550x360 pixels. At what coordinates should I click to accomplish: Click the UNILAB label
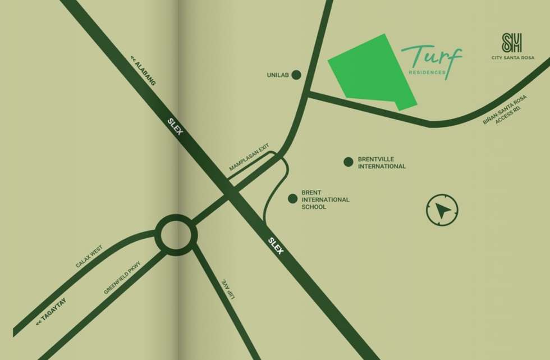point(278,75)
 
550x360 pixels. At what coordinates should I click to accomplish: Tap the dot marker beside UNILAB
point(296,75)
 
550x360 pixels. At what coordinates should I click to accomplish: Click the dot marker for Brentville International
point(349,162)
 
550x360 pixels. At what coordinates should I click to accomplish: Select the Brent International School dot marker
point(292,198)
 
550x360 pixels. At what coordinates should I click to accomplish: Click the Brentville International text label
point(382,163)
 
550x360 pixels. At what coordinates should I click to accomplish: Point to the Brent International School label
point(325,200)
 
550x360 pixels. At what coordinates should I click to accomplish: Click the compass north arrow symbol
point(442,211)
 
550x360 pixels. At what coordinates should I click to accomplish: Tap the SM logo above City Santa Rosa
point(512,43)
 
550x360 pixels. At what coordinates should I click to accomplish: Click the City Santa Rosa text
point(512,58)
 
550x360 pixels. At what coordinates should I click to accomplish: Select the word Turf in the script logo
point(431,57)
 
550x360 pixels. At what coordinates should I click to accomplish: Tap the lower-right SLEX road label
point(276,245)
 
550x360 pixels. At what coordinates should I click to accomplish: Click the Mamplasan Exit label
point(249,158)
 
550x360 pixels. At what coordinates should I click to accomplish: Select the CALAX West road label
point(89,257)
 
